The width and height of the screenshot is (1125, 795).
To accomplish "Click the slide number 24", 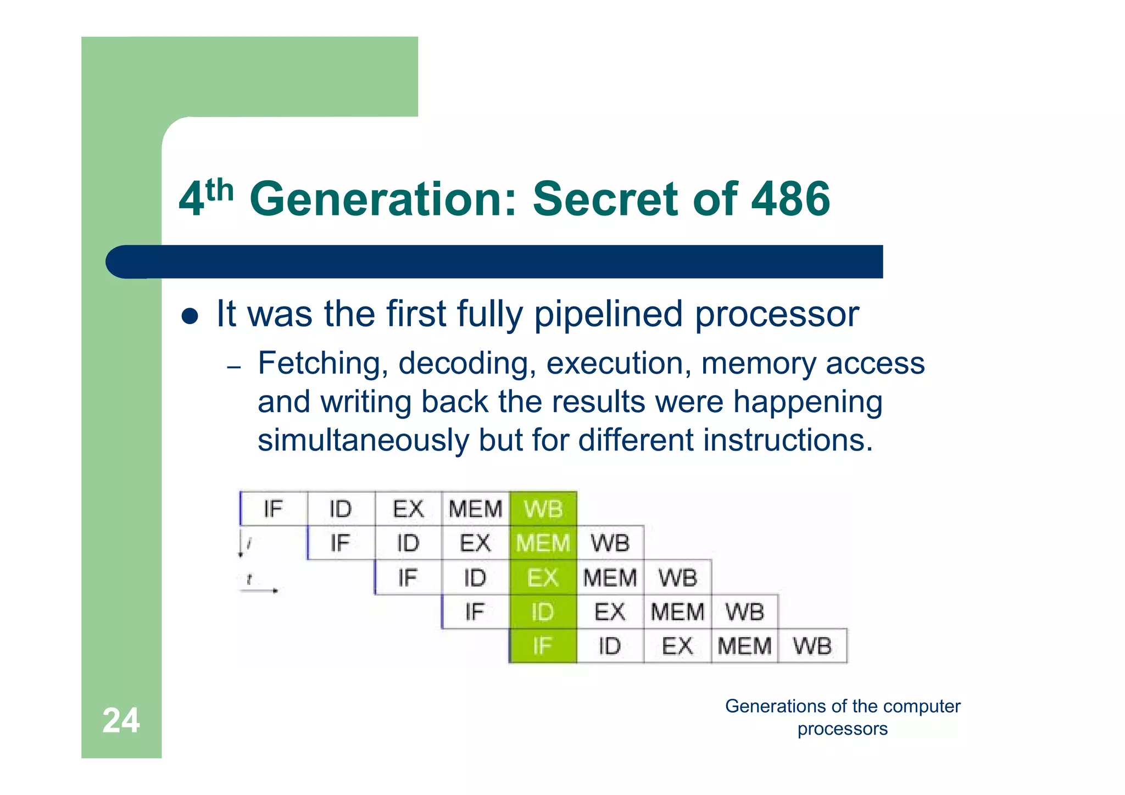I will pyautogui.click(x=121, y=720).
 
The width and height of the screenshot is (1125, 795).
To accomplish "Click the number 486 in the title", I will pyautogui.click(x=790, y=199).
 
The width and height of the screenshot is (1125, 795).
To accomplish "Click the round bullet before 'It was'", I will pyautogui.click(x=190, y=316).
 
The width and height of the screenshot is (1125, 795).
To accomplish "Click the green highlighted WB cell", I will pyautogui.click(x=543, y=509).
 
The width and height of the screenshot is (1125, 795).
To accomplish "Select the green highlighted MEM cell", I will pyautogui.click(x=543, y=543).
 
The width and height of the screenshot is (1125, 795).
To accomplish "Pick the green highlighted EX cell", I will pyautogui.click(x=543, y=578).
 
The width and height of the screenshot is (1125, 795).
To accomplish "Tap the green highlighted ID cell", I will pyautogui.click(x=543, y=612).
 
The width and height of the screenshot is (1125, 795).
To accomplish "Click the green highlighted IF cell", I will pyautogui.click(x=543, y=647).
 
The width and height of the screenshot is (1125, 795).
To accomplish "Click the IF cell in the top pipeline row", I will pyautogui.click(x=274, y=509).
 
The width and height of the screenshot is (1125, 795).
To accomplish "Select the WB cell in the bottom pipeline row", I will pyautogui.click(x=812, y=647).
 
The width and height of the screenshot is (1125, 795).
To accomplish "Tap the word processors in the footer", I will pyautogui.click(x=842, y=729).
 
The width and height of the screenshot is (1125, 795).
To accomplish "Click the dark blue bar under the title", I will pyautogui.click(x=494, y=262).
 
